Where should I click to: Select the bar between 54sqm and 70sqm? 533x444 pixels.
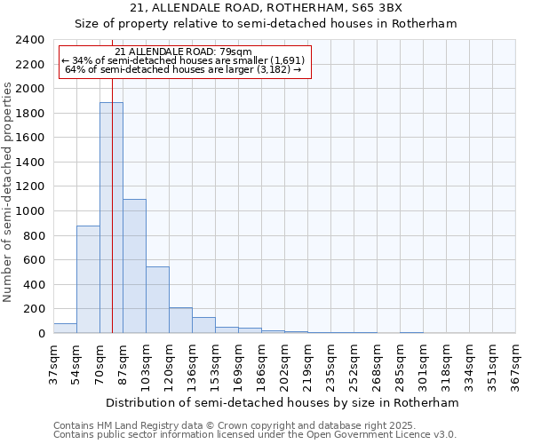(88, 280)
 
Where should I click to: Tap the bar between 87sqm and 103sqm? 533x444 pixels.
(134, 266)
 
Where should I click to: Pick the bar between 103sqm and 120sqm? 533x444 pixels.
(157, 300)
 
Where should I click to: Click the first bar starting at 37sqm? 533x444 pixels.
(65, 328)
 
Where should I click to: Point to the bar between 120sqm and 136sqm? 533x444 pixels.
(180, 321)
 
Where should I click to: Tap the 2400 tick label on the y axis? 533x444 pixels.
(30, 40)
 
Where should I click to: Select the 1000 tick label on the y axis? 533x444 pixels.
(30, 211)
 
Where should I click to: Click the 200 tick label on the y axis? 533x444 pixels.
(34, 309)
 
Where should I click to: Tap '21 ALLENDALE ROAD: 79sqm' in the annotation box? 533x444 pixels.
(184, 52)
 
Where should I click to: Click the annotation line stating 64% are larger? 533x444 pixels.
(184, 69)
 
